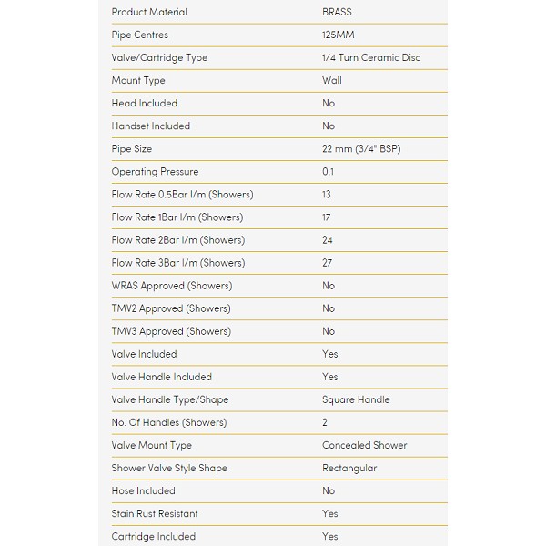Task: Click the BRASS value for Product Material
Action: [337, 12]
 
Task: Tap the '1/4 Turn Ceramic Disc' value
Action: [370, 57]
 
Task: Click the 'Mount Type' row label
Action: [137, 80]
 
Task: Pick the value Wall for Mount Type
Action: [331, 80]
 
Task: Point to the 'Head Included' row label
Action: [144, 103]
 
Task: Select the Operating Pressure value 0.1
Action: [328, 171]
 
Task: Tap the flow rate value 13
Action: [327, 194]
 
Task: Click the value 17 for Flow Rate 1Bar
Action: [327, 217]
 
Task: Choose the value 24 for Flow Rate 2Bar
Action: [328, 240]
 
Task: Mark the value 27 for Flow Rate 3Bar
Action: [328, 263]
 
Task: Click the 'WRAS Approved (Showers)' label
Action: [171, 286]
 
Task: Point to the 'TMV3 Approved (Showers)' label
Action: [171, 331]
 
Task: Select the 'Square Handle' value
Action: [356, 399]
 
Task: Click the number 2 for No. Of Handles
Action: [325, 422]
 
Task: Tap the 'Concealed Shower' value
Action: [364, 445]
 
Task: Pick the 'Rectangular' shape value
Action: [349, 468]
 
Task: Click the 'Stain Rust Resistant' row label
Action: [155, 513]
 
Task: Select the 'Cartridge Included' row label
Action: [153, 536]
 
